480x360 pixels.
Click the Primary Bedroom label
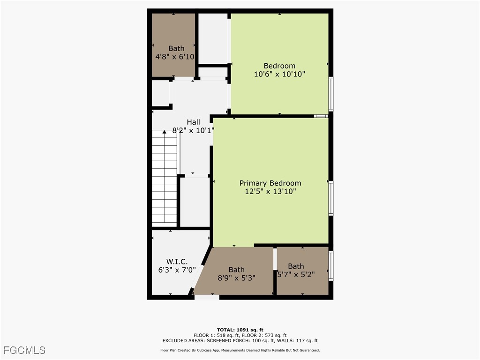[270, 183]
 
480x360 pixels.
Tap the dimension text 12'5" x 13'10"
[270, 191]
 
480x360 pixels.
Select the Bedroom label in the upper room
[279, 66]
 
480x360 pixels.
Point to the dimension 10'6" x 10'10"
[279, 74]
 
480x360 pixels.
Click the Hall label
[193, 122]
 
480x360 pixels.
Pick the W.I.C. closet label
[177, 261]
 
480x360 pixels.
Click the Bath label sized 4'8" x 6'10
[176, 48]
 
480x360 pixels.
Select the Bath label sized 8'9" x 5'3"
[236, 270]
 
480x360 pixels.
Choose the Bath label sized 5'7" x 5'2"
[296, 266]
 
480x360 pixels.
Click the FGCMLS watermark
[24, 350]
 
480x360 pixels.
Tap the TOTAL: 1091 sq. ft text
[240, 330]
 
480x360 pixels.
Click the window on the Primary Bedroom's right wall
[330, 198]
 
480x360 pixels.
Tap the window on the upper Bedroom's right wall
[330, 94]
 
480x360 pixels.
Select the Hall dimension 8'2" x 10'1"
[193, 131]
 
